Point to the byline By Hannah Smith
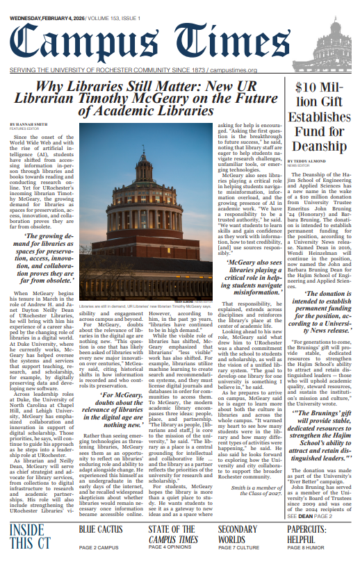pos(24,124)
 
